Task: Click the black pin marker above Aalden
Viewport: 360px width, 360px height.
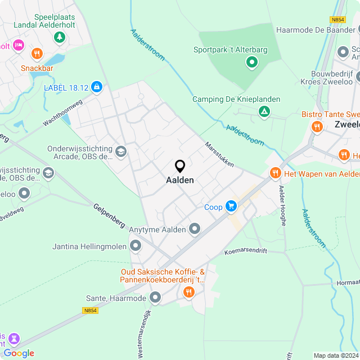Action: (x=180, y=166)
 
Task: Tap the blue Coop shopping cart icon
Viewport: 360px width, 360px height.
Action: (x=231, y=206)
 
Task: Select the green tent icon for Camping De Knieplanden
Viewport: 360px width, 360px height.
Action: (x=263, y=111)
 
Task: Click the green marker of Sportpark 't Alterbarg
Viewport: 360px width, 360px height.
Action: (x=251, y=62)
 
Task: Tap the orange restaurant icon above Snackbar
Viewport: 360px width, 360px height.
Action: (x=37, y=54)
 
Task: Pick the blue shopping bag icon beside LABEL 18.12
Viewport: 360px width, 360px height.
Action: (x=97, y=87)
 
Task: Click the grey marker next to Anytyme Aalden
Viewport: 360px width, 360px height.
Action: (x=195, y=228)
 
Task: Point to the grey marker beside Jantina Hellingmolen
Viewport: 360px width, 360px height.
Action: (x=136, y=246)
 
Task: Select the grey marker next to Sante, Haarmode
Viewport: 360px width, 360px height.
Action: (x=155, y=298)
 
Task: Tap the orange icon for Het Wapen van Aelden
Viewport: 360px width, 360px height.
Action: (x=275, y=173)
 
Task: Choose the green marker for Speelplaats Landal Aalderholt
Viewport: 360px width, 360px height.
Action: (x=59, y=38)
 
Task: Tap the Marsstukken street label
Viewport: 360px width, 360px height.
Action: (x=219, y=154)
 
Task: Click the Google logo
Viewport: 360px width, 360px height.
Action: (x=19, y=353)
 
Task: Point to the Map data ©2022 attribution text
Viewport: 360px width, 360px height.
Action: (x=335, y=355)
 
